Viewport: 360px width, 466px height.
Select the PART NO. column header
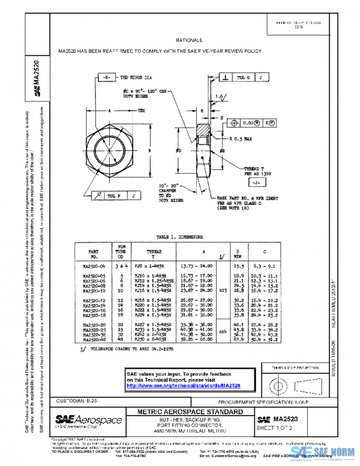(94, 252)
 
